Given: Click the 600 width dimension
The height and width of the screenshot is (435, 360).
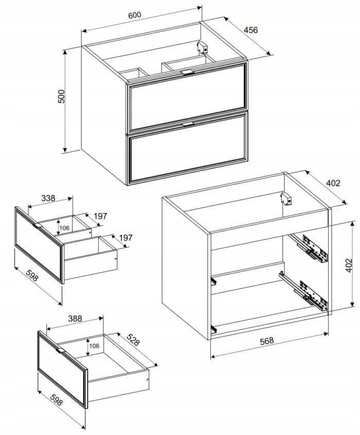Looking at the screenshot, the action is [135, 15].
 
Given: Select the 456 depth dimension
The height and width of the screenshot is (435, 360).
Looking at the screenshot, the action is [251, 30].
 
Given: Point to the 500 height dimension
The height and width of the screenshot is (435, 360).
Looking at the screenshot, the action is [61, 97].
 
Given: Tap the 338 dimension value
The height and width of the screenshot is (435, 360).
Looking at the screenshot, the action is [48, 198].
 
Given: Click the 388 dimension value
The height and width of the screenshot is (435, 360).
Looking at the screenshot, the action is [75, 319].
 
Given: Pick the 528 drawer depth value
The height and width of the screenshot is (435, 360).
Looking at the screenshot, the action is [133, 339].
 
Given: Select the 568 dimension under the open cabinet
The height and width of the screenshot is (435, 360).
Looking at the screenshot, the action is [266, 341].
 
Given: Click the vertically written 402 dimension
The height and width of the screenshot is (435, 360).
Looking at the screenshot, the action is [349, 265].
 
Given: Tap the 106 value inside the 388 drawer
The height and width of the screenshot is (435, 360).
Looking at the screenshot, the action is [94, 346].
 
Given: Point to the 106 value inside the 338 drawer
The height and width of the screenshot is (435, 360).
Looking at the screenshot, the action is [64, 228].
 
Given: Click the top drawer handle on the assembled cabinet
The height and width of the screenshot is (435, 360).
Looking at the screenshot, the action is [187, 73].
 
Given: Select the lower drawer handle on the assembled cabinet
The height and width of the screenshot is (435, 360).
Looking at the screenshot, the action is [188, 124].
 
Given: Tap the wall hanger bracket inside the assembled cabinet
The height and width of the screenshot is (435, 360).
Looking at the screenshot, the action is [203, 48].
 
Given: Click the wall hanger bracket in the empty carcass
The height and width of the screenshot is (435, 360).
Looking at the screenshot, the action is [286, 199].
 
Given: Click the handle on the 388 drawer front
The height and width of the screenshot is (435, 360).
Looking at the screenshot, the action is [60, 351].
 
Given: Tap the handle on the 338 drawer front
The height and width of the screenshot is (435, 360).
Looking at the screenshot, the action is [37, 225].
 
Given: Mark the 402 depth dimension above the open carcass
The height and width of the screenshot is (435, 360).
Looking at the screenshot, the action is [333, 183].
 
